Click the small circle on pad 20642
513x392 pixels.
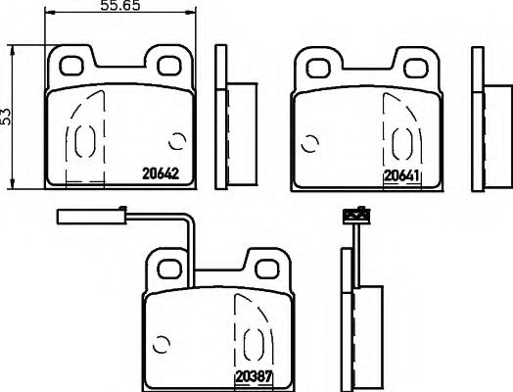pos(177,142)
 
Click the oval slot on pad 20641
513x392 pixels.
pos(399,143)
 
